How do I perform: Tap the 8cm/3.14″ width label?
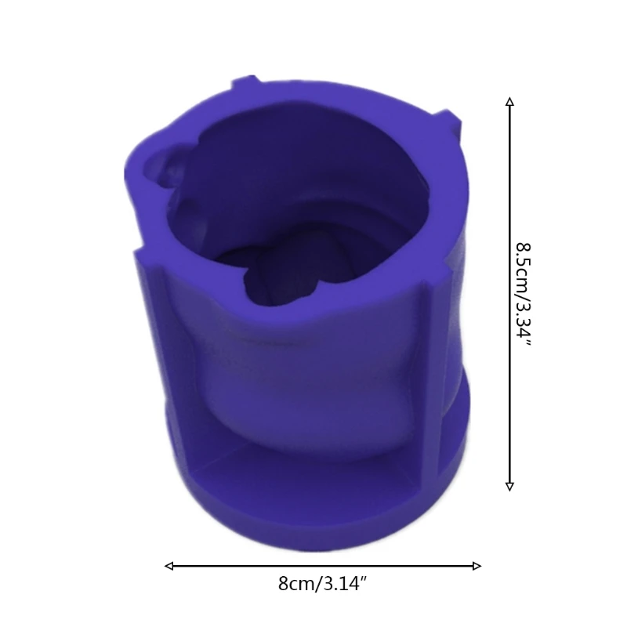[x=321, y=584]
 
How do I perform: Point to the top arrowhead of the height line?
[x=509, y=102]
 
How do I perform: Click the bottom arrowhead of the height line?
[x=509, y=486]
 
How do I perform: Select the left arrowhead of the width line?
[x=169, y=565]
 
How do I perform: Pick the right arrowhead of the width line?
[x=477, y=565]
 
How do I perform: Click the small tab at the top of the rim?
[x=244, y=82]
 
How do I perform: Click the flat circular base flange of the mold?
[x=313, y=502]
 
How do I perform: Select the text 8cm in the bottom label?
[x=294, y=584]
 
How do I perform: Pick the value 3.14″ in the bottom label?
[x=341, y=584]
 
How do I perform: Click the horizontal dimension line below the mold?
[x=235, y=565]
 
